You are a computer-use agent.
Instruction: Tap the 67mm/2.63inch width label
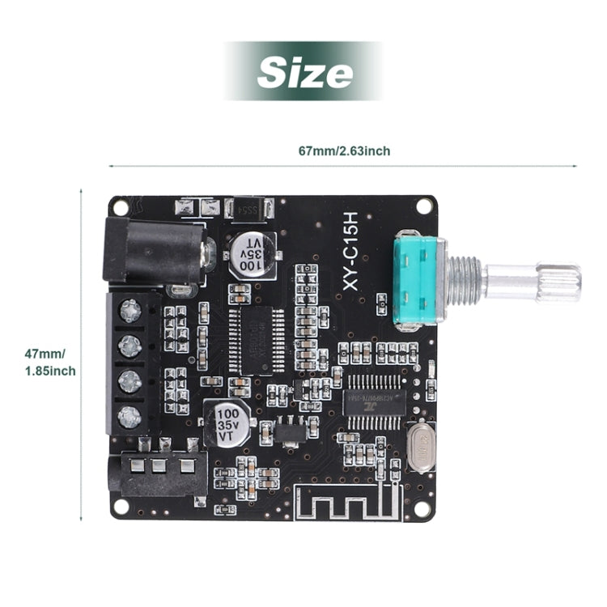click(344, 151)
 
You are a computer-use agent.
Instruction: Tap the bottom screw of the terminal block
click(129, 417)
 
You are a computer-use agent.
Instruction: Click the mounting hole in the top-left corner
click(121, 207)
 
